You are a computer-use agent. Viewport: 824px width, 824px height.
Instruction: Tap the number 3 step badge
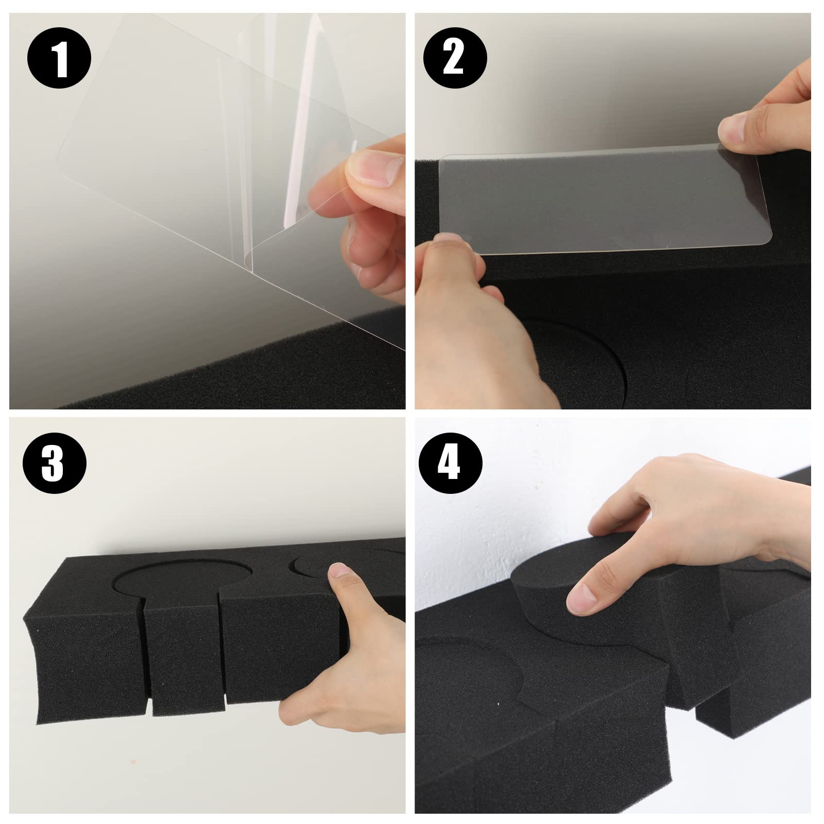54,463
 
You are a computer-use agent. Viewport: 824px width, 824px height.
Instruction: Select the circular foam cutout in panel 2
577,360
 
